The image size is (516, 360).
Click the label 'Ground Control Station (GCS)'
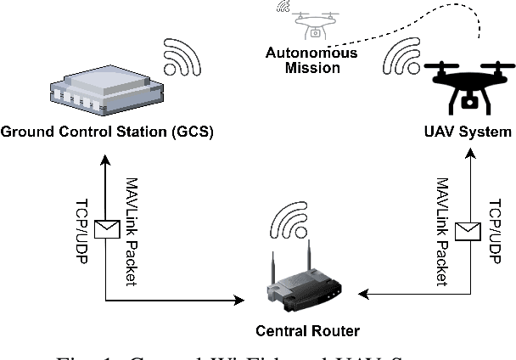pyautogui.click(x=106, y=132)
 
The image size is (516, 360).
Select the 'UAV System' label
pyautogui.click(x=468, y=132)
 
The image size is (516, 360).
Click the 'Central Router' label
pyautogui.click(x=295, y=329)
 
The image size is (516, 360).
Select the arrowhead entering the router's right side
pyautogui.click(x=362, y=294)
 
